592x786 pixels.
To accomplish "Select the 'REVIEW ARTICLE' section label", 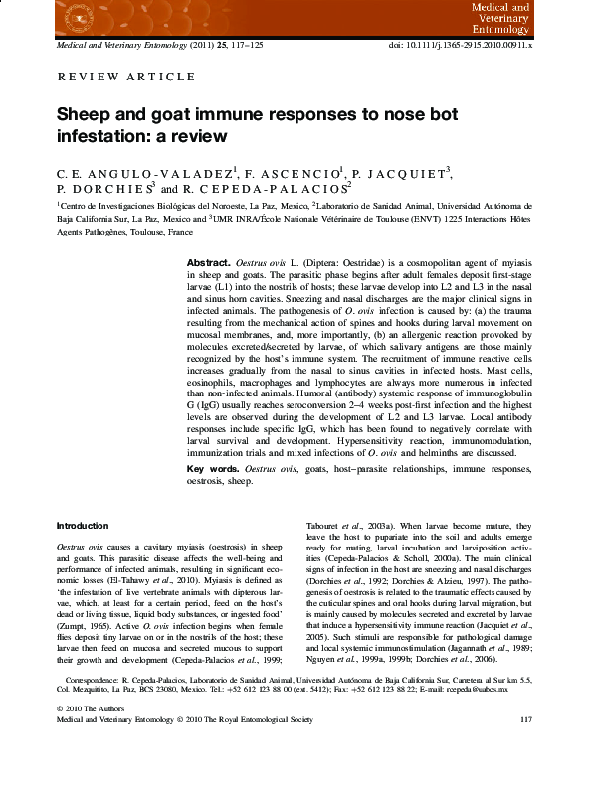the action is [126, 77].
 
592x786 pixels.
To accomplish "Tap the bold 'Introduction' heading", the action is [82, 526].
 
